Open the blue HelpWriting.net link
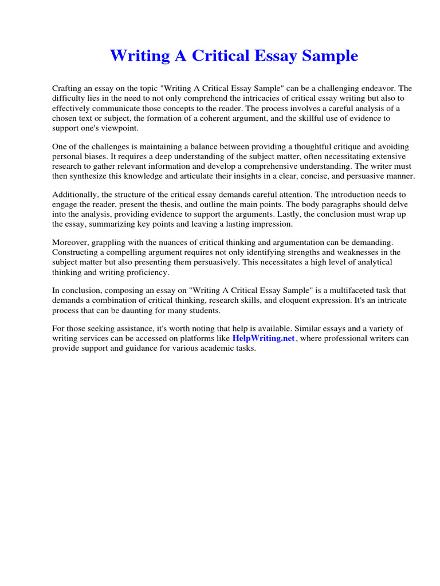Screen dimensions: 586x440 (264, 338)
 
